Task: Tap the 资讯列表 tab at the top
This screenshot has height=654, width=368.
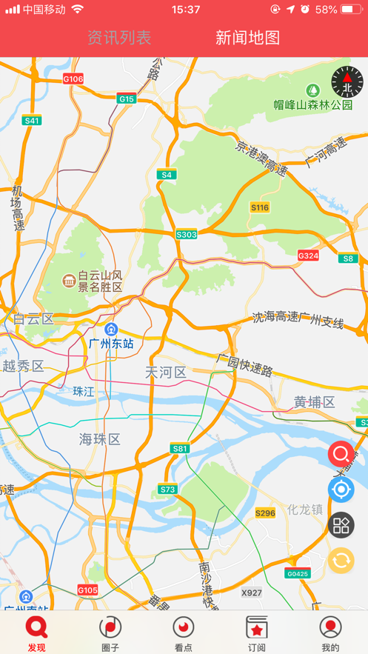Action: point(118,38)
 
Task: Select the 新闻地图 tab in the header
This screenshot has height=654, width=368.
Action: point(247,38)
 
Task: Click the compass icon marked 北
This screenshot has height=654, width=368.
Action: point(347,82)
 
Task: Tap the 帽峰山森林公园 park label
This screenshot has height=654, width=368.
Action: point(313,104)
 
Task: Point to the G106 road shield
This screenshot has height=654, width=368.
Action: point(73,79)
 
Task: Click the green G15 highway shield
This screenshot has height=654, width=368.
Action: point(127,99)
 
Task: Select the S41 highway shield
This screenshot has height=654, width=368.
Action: point(32,120)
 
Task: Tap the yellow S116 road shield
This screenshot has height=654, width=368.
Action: point(260,207)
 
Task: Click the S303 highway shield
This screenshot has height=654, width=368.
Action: point(187,235)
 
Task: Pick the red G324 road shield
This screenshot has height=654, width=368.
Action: point(308,256)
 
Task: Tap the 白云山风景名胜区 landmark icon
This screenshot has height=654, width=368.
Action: point(68,280)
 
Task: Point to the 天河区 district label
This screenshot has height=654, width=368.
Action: point(166,372)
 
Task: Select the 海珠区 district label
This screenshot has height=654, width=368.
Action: point(100,439)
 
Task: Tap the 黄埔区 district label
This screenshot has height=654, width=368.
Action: point(314,402)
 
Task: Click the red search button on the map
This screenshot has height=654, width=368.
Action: point(341,453)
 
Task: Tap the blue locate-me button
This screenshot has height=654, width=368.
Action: point(341,489)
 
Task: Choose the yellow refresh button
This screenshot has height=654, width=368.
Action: point(341,560)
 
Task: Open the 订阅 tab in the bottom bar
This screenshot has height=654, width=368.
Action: point(256,633)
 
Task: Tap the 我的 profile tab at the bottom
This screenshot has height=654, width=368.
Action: point(330,633)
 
